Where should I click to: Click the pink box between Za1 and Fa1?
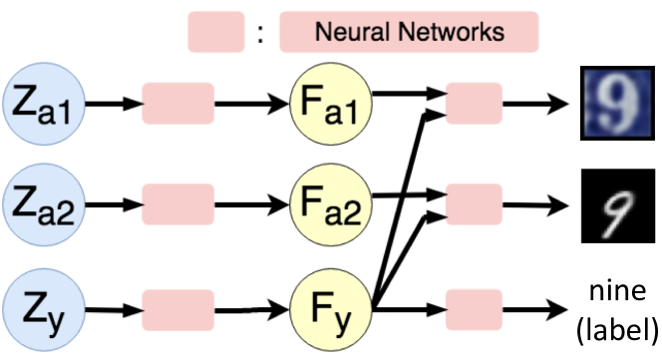pos(179,101)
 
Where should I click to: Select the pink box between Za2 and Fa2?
pos(179,204)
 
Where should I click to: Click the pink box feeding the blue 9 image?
pos(472,101)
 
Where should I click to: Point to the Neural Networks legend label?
pos(409,31)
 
